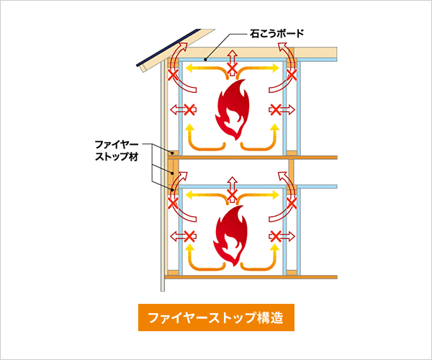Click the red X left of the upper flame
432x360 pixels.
coord(190,109)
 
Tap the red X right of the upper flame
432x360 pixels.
coord(274,109)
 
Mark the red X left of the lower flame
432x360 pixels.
coord(190,236)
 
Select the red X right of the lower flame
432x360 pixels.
coord(274,236)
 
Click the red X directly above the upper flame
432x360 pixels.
coord(232,69)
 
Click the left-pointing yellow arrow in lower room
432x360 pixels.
coord(205,195)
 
